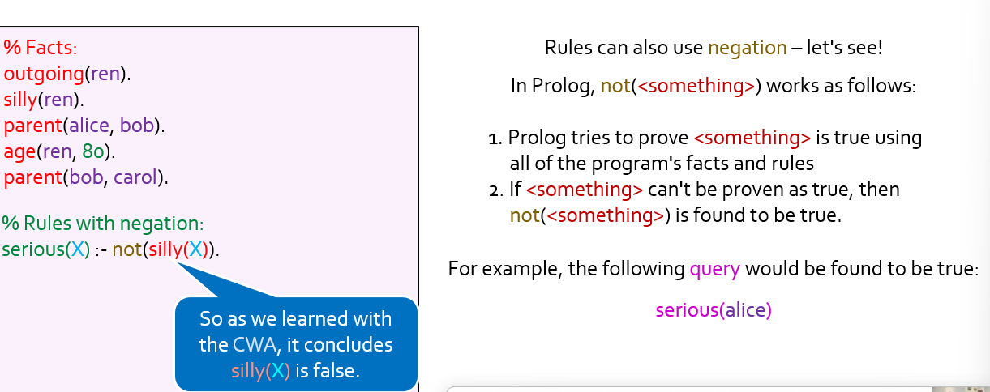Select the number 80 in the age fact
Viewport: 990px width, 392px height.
[x=93, y=151]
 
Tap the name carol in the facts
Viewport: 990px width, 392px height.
[x=135, y=177]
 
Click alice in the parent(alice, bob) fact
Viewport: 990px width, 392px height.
[x=89, y=126]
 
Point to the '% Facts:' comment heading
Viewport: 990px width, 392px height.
[x=41, y=47]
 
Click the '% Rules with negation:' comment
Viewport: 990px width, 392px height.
[x=102, y=223]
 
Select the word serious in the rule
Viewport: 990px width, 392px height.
[x=33, y=249]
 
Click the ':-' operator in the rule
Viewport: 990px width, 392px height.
[x=101, y=250]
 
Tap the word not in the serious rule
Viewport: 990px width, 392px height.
[x=126, y=249]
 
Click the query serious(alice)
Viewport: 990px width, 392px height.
[x=714, y=310]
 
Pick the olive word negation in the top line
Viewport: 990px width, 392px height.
[x=748, y=48]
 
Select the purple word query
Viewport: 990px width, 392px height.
[x=714, y=269]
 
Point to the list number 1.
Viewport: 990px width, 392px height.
[x=495, y=138]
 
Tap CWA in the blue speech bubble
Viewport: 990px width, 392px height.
[x=256, y=345]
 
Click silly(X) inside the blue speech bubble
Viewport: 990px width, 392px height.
[x=261, y=371]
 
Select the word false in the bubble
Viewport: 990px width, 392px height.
[x=336, y=371]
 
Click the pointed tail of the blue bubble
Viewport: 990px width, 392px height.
[x=178, y=263]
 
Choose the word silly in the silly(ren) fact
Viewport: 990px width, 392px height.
[x=20, y=100]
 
